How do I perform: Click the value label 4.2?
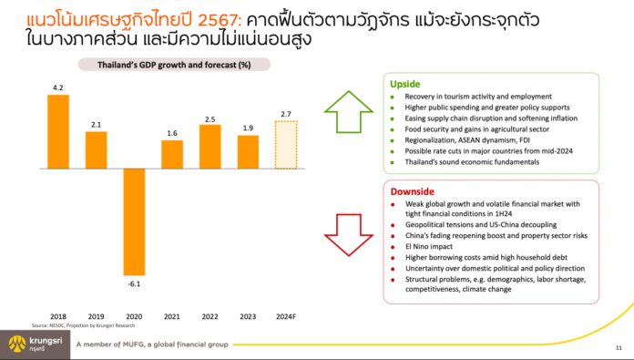(57, 87)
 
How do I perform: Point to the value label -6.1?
(133, 283)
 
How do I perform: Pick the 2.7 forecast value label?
(285, 113)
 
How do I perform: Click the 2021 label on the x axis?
(171, 316)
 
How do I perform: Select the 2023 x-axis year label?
(248, 316)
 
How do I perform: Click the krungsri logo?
(35, 344)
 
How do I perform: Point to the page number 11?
(619, 346)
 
